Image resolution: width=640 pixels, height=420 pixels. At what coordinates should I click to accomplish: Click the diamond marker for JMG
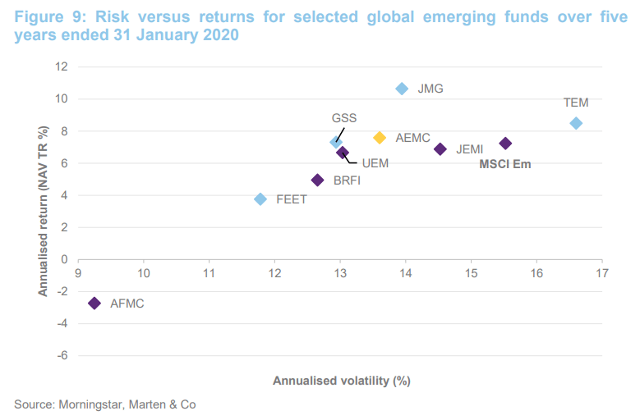[x=402, y=89]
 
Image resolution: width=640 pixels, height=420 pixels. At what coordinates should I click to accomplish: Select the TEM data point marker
[x=576, y=123]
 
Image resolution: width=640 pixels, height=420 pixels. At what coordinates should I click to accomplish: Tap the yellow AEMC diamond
[x=380, y=138]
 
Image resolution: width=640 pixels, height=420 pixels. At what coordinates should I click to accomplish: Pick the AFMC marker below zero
[x=94, y=304]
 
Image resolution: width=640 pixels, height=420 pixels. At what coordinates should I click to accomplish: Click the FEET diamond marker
[x=260, y=199]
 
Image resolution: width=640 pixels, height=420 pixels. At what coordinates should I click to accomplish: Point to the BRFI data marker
[x=318, y=180]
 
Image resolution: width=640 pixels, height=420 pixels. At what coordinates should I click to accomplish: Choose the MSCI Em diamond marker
[x=505, y=144]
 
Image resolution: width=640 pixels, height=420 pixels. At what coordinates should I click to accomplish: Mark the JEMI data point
[x=440, y=149]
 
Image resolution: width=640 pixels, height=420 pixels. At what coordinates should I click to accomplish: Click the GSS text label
[x=343, y=118]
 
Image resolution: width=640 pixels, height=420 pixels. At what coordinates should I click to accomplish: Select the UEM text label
[x=375, y=163]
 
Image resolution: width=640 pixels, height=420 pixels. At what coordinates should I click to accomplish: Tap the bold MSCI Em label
[x=505, y=164]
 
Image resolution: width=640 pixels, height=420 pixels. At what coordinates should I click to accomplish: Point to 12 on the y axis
[x=62, y=67]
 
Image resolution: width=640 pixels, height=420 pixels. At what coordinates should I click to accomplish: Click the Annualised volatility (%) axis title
[x=341, y=381]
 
